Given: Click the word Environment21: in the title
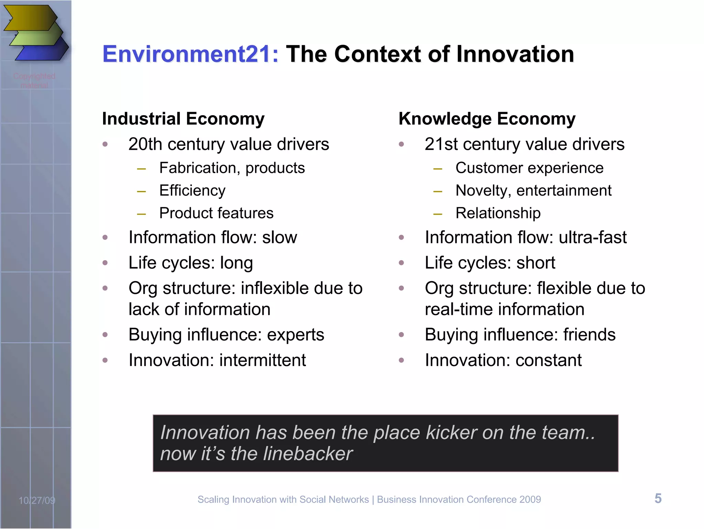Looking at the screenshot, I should [x=190, y=54].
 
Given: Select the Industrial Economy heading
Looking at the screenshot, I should [x=183, y=119].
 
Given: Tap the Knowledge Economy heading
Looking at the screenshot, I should [x=487, y=119].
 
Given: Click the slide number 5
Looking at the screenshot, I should [x=658, y=498].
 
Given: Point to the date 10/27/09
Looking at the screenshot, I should [x=37, y=500].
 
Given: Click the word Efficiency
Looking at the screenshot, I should [x=192, y=191].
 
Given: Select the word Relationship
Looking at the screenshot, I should [x=498, y=213].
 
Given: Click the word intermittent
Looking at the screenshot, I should [x=262, y=361].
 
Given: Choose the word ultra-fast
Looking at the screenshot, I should [x=592, y=238].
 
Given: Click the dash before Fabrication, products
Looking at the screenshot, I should [x=141, y=169].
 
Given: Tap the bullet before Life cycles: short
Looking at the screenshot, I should [x=401, y=263].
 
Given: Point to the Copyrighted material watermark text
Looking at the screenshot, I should [x=34, y=80].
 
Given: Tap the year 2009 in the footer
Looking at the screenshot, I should [x=530, y=499].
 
